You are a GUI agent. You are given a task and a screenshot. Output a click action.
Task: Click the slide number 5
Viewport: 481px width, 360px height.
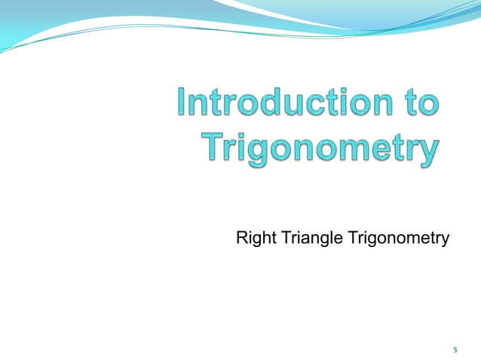[x=455, y=349]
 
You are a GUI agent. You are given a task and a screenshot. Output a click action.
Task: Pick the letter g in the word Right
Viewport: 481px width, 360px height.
[x=256, y=241]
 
